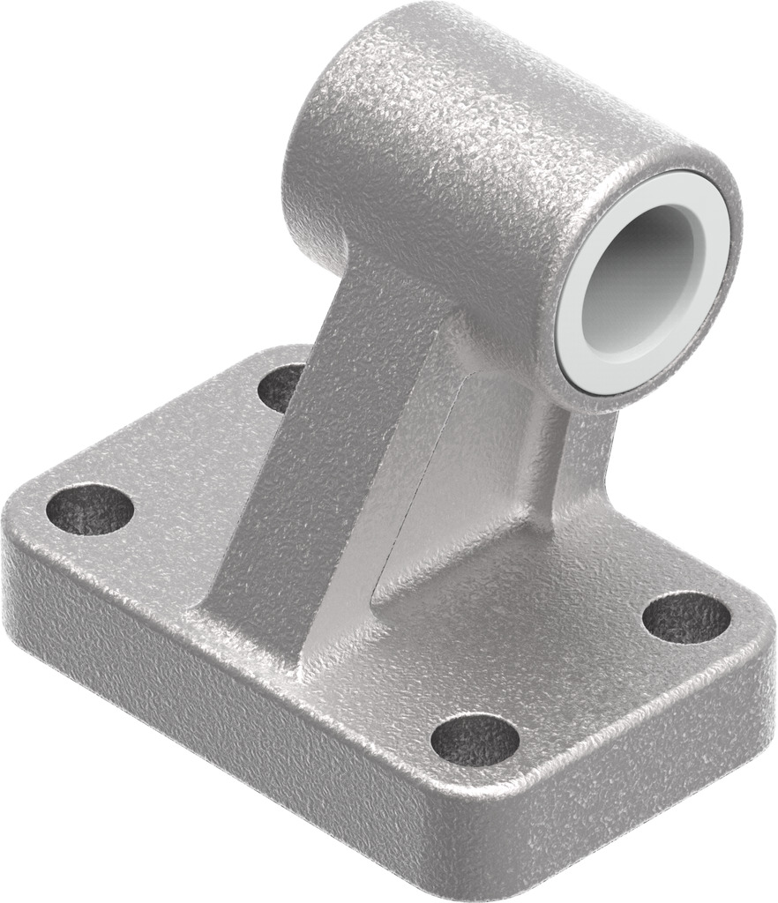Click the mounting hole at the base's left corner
coord(89,510)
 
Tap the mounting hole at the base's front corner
coord(475,739)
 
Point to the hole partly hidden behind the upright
coord(281,386)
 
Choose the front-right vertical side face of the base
coord(635,758)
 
